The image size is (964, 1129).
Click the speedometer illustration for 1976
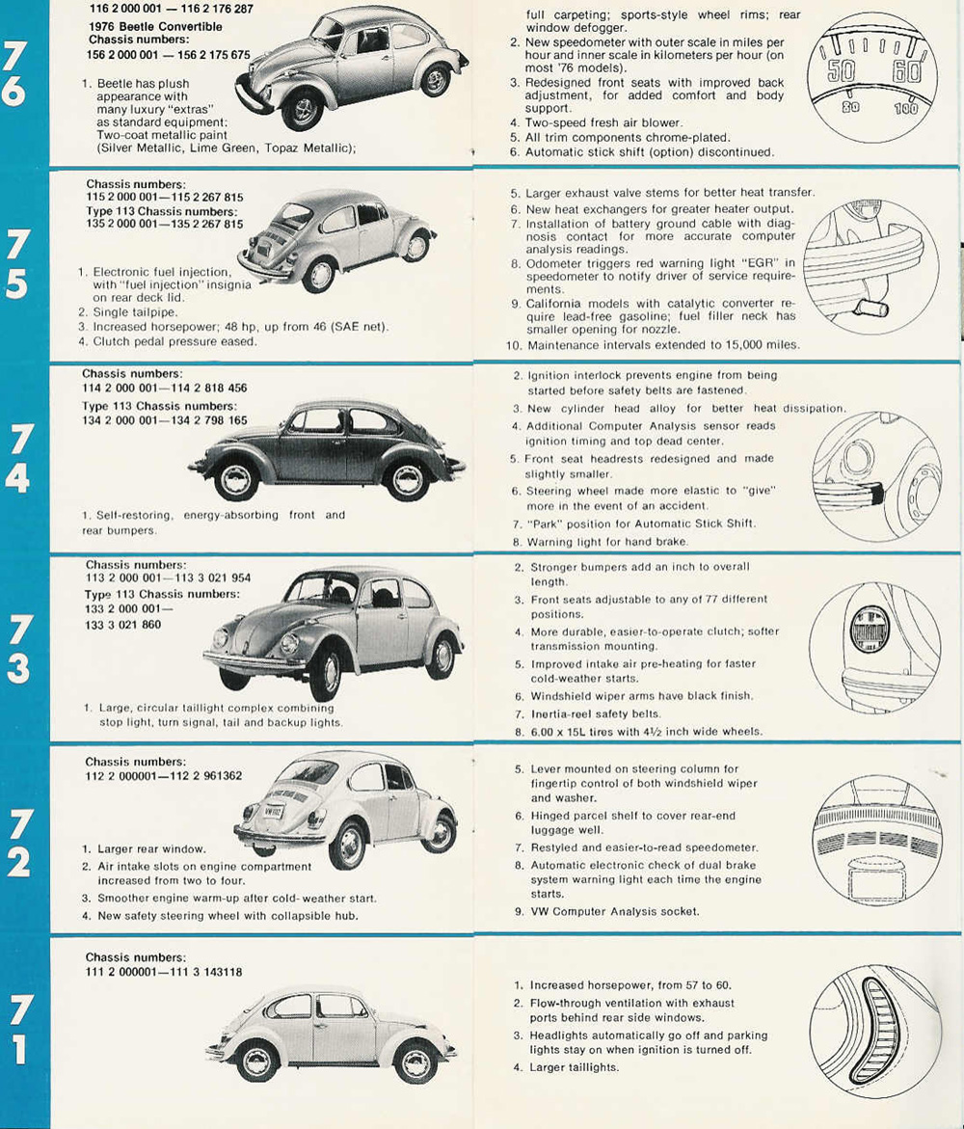point(866,78)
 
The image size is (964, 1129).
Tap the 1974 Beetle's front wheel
point(236,479)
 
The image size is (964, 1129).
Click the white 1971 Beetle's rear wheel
point(416,1062)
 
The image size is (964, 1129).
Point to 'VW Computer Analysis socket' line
point(615,911)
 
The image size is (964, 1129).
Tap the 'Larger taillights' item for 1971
point(575,1067)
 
